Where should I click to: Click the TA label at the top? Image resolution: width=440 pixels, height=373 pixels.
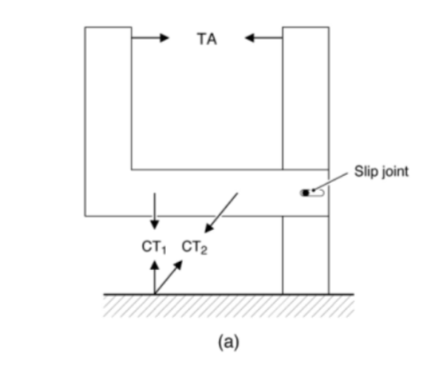207,39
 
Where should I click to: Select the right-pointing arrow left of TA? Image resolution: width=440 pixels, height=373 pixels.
150,38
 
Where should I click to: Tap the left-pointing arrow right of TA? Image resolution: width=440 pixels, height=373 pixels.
263,38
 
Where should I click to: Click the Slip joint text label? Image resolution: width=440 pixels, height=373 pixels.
381,171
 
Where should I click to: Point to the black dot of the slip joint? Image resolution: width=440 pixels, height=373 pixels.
305,193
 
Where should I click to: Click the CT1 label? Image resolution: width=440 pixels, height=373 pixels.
153,247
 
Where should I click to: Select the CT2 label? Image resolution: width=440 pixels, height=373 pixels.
194,247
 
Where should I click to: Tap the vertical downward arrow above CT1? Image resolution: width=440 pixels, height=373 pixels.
154,211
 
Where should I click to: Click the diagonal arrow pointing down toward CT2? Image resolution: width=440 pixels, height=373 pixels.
221,212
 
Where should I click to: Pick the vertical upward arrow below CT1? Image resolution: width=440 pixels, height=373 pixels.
154,277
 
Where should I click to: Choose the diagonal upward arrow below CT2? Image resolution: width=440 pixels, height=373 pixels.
169,277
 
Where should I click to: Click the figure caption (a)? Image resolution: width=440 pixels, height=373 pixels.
228,342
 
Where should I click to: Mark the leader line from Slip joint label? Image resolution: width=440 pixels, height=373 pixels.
330,181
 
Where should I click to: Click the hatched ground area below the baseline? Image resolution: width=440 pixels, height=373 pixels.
229,306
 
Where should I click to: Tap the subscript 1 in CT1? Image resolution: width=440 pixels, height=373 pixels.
163,250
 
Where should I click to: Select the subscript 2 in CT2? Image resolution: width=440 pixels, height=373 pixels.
204,250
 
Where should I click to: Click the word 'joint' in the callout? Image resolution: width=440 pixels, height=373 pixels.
396,171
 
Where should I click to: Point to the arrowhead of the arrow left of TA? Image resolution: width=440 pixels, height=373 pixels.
164,38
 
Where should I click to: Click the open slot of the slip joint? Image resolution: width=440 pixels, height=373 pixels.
317,193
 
